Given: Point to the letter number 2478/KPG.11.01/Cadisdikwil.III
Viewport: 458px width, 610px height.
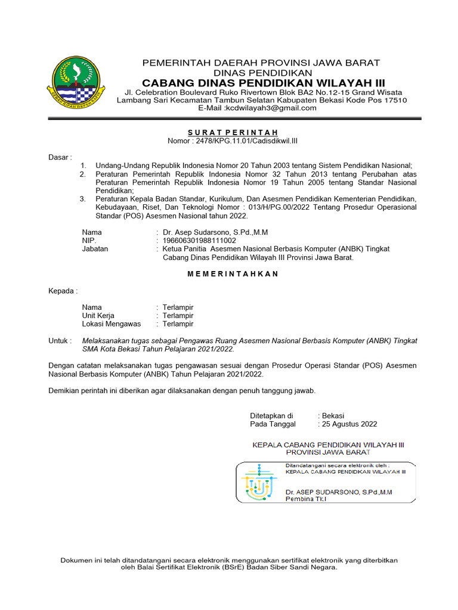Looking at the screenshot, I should (x=250, y=140).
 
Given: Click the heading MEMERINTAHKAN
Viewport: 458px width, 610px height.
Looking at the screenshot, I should (x=233, y=274).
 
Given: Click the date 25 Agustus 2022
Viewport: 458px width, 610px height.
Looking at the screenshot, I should (x=349, y=424).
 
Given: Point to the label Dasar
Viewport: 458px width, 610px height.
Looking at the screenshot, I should (x=59, y=157).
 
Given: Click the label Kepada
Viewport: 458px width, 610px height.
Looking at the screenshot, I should (x=62, y=291).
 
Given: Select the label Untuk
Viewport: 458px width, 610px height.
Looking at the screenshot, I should (x=59, y=341).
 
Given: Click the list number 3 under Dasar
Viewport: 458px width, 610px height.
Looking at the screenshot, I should (x=83, y=198).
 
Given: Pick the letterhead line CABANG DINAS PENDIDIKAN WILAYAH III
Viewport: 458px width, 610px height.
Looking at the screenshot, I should (x=264, y=82).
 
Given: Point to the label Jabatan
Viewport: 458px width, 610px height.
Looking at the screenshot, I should (x=95, y=249).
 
